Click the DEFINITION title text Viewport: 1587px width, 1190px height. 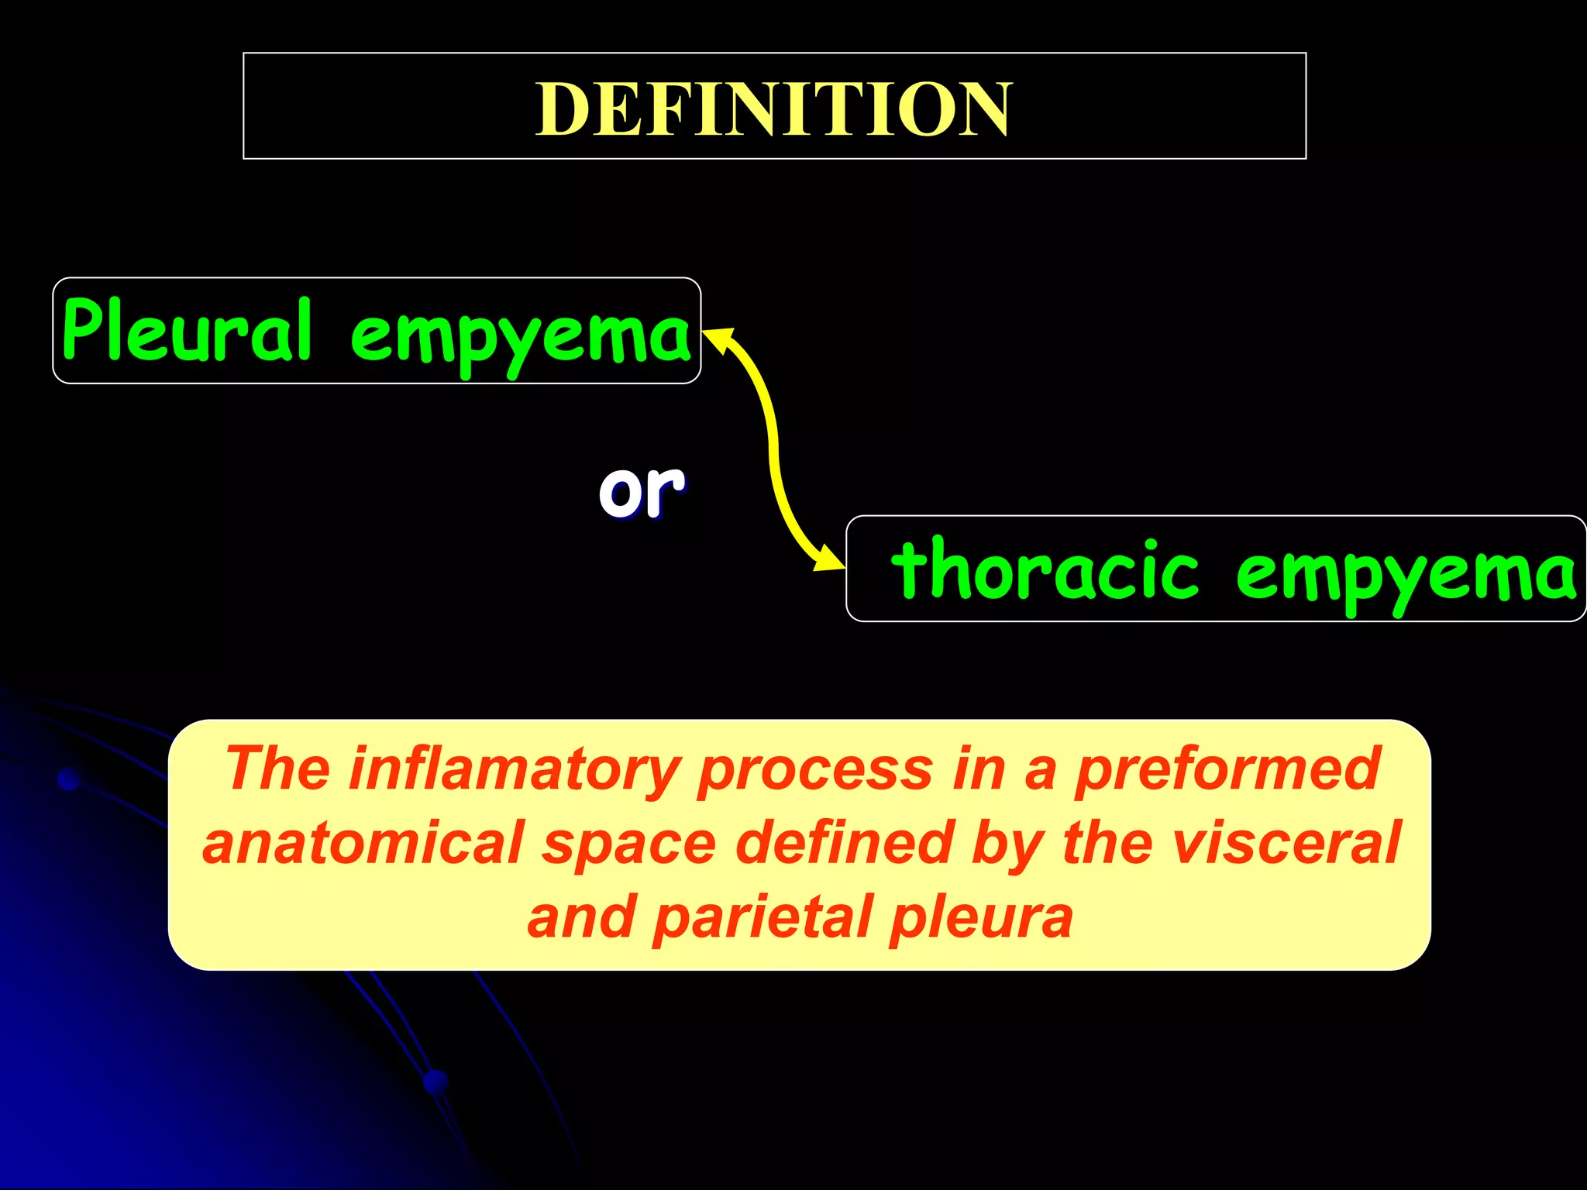click(773, 109)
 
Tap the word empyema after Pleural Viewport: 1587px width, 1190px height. click(521, 335)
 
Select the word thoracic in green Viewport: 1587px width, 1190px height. click(1045, 570)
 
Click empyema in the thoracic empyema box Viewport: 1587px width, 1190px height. click(1405, 573)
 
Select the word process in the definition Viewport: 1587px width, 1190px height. click(814, 770)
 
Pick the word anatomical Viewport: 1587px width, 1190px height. click(363, 843)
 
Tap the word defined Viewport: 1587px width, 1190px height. click(844, 842)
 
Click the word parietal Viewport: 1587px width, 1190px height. click(763, 917)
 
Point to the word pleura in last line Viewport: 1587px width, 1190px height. click(982, 917)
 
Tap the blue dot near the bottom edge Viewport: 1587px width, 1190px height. click(436, 1081)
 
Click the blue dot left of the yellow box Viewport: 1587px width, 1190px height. click(70, 779)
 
